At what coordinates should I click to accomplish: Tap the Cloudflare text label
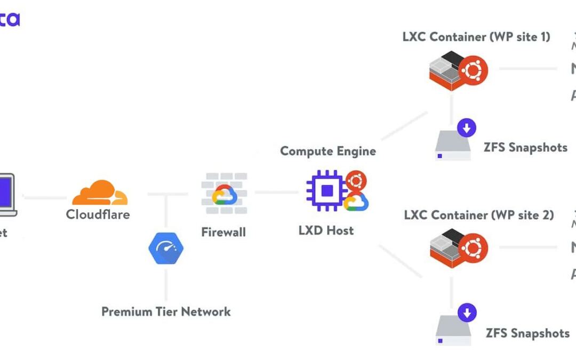pyautogui.click(x=98, y=214)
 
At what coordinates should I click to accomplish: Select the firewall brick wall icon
pyautogui.click(x=224, y=193)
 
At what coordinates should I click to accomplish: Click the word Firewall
pyautogui.click(x=223, y=233)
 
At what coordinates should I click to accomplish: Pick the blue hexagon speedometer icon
pyautogui.click(x=166, y=249)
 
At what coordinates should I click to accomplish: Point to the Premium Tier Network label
pyautogui.click(x=166, y=311)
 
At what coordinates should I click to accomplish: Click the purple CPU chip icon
pyautogui.click(x=326, y=190)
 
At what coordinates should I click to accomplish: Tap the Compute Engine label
pyautogui.click(x=328, y=151)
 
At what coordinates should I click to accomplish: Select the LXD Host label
pyautogui.click(x=326, y=231)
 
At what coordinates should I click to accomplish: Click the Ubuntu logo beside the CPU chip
pyautogui.click(x=356, y=180)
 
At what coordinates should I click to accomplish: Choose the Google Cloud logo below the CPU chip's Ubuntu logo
pyautogui.click(x=356, y=202)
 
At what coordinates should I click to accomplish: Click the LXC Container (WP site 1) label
pyautogui.click(x=476, y=37)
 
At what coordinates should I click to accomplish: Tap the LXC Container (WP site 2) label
pyautogui.click(x=478, y=215)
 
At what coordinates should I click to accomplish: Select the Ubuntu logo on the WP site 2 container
pyautogui.click(x=473, y=247)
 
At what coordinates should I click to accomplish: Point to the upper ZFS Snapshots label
pyautogui.click(x=525, y=147)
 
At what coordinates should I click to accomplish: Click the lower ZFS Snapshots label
pyautogui.click(x=527, y=333)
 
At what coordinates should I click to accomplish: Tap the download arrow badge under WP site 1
pyautogui.click(x=467, y=128)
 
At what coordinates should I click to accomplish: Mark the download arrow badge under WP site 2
pyautogui.click(x=467, y=313)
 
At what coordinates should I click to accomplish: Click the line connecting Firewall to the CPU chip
pyautogui.click(x=276, y=192)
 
